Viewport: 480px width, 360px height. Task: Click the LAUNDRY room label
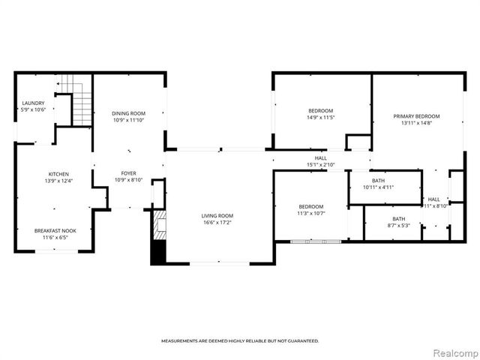(x=33, y=103)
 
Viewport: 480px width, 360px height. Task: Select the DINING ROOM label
(x=128, y=112)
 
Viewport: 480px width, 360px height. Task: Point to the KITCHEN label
(x=59, y=174)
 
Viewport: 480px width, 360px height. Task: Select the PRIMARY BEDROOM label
(x=416, y=116)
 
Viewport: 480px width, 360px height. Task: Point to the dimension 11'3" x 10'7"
(x=310, y=214)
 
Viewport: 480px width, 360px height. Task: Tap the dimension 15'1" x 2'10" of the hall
(x=321, y=165)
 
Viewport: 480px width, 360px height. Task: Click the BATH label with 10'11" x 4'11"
(x=378, y=180)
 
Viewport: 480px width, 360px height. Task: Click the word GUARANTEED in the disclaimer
(x=301, y=340)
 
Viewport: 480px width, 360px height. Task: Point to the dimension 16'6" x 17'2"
(x=217, y=223)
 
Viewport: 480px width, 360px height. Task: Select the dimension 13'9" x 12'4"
(x=59, y=181)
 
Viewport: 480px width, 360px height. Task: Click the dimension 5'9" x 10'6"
(x=33, y=110)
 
